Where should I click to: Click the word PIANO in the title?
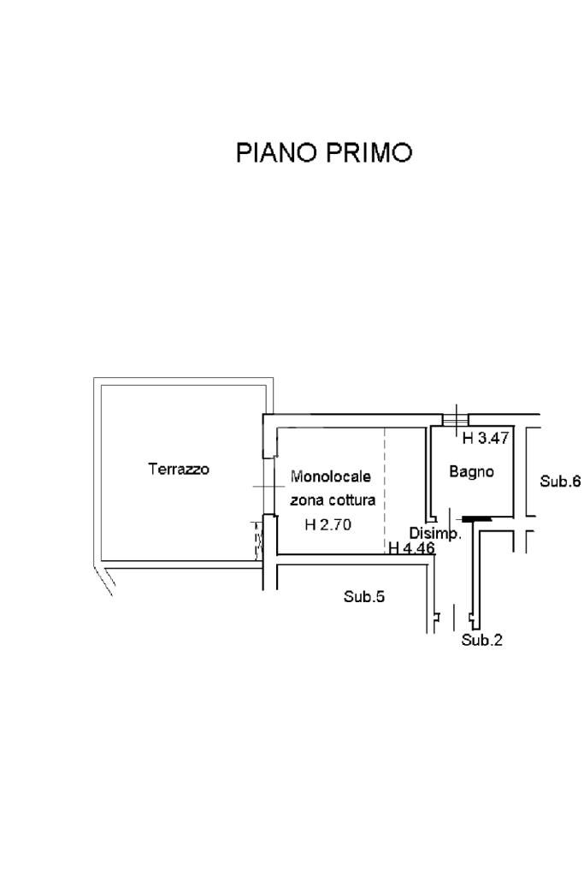275,153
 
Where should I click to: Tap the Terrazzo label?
179,469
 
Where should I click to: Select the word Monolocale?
331,476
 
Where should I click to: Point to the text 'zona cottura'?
333,500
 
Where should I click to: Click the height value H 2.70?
328,525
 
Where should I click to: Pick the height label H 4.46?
412,547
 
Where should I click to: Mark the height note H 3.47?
486,440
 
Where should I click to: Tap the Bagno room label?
472,471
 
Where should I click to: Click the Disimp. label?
435,533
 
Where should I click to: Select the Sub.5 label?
364,597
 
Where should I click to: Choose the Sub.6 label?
560,482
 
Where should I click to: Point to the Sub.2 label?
482,640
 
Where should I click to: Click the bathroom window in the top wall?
456,420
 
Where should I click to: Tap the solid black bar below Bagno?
475,518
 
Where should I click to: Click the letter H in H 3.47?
468,440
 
